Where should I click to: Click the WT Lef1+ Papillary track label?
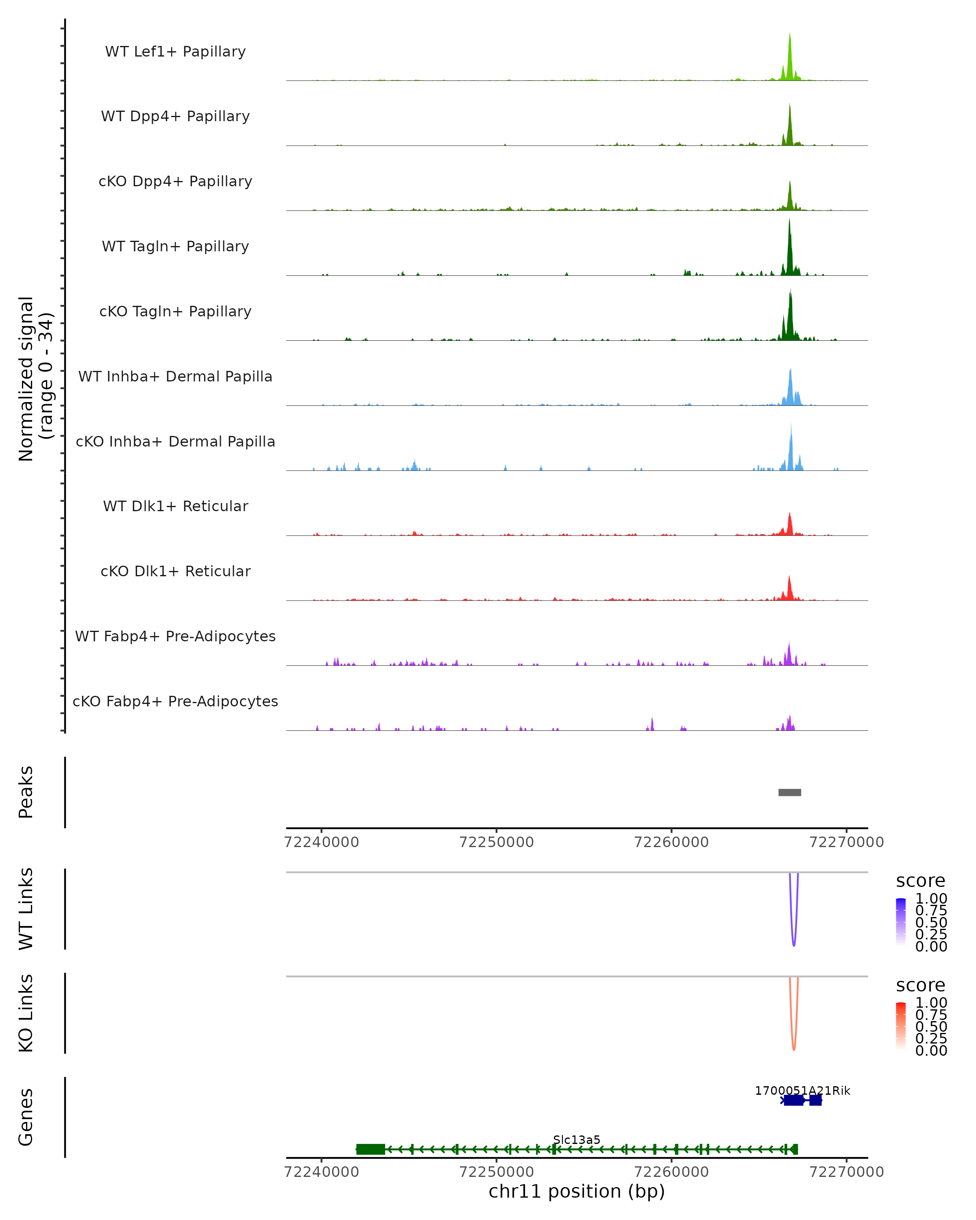(175, 52)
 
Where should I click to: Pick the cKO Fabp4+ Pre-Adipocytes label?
(175, 701)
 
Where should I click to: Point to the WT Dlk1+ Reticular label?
(175, 506)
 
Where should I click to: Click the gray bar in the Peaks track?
(790, 792)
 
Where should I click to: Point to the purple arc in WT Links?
(794, 942)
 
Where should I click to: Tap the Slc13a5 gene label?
(577, 1139)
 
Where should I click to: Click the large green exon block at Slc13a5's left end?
(370, 1149)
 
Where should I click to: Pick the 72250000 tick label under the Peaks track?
(496, 842)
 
